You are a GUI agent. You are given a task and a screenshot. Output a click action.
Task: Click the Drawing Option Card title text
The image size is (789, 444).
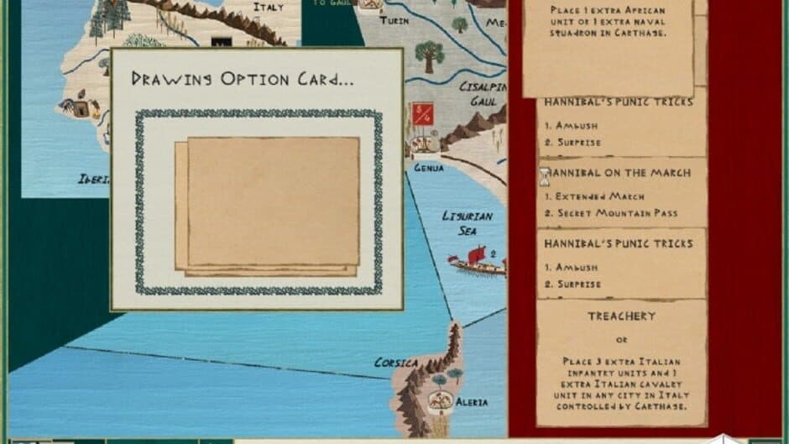click(243, 79)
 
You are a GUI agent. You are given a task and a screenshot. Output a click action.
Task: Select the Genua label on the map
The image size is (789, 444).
click(428, 168)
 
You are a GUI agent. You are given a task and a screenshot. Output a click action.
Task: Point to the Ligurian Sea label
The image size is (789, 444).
click(467, 222)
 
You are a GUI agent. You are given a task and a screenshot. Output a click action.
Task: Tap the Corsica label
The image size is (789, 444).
click(396, 363)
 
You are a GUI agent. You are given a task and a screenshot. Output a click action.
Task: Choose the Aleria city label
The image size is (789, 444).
click(471, 403)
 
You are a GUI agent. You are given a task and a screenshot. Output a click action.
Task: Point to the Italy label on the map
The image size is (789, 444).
click(269, 8)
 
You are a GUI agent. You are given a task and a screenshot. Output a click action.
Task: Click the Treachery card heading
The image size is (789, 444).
click(622, 316)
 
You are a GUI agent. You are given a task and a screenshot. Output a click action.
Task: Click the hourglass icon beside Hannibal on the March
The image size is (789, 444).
click(544, 175)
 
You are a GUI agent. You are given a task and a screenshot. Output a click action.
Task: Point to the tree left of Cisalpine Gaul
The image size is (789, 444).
click(430, 56)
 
